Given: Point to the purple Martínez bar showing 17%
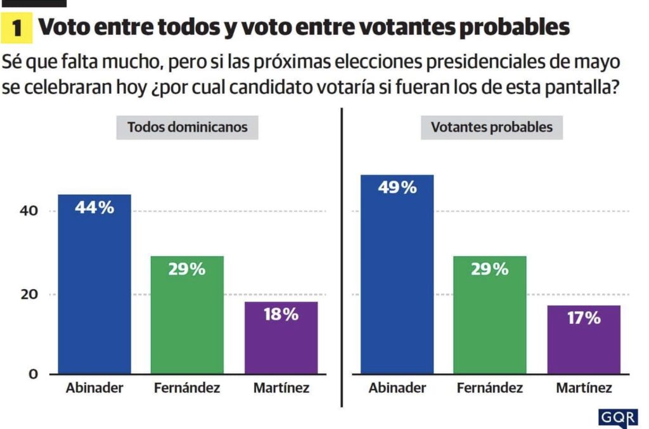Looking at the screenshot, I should point(584,340).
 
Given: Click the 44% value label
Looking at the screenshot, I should point(94,207).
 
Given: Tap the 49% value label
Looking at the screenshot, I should point(397,188).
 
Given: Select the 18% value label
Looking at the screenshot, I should point(281,314).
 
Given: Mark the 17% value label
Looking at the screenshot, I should point(584,317).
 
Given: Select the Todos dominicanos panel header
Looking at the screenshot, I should point(188,127).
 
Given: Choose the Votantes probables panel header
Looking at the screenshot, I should point(492,127).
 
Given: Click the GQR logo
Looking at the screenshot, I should point(618,418).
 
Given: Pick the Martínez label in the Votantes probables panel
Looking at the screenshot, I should point(584,388).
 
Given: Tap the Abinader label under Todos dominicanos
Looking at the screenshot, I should point(94,388).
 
